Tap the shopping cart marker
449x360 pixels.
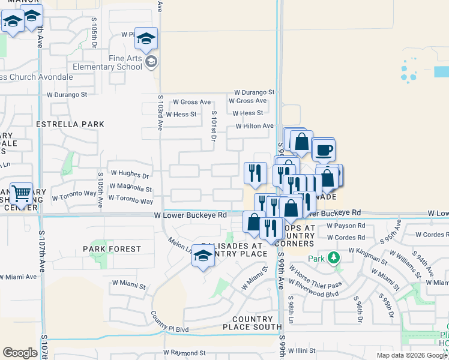pos(22,194)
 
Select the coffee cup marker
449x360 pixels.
pos(324,150)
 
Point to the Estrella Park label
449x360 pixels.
pos(70,124)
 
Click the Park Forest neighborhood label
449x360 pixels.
pos(110,248)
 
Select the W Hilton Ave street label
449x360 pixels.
pos(255,126)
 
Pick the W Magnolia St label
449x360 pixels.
pos(131,188)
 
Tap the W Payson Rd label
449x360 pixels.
pos(346,226)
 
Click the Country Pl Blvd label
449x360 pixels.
pos(170,322)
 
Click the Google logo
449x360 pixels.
pos(20,353)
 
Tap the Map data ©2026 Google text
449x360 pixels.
pos(412,355)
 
